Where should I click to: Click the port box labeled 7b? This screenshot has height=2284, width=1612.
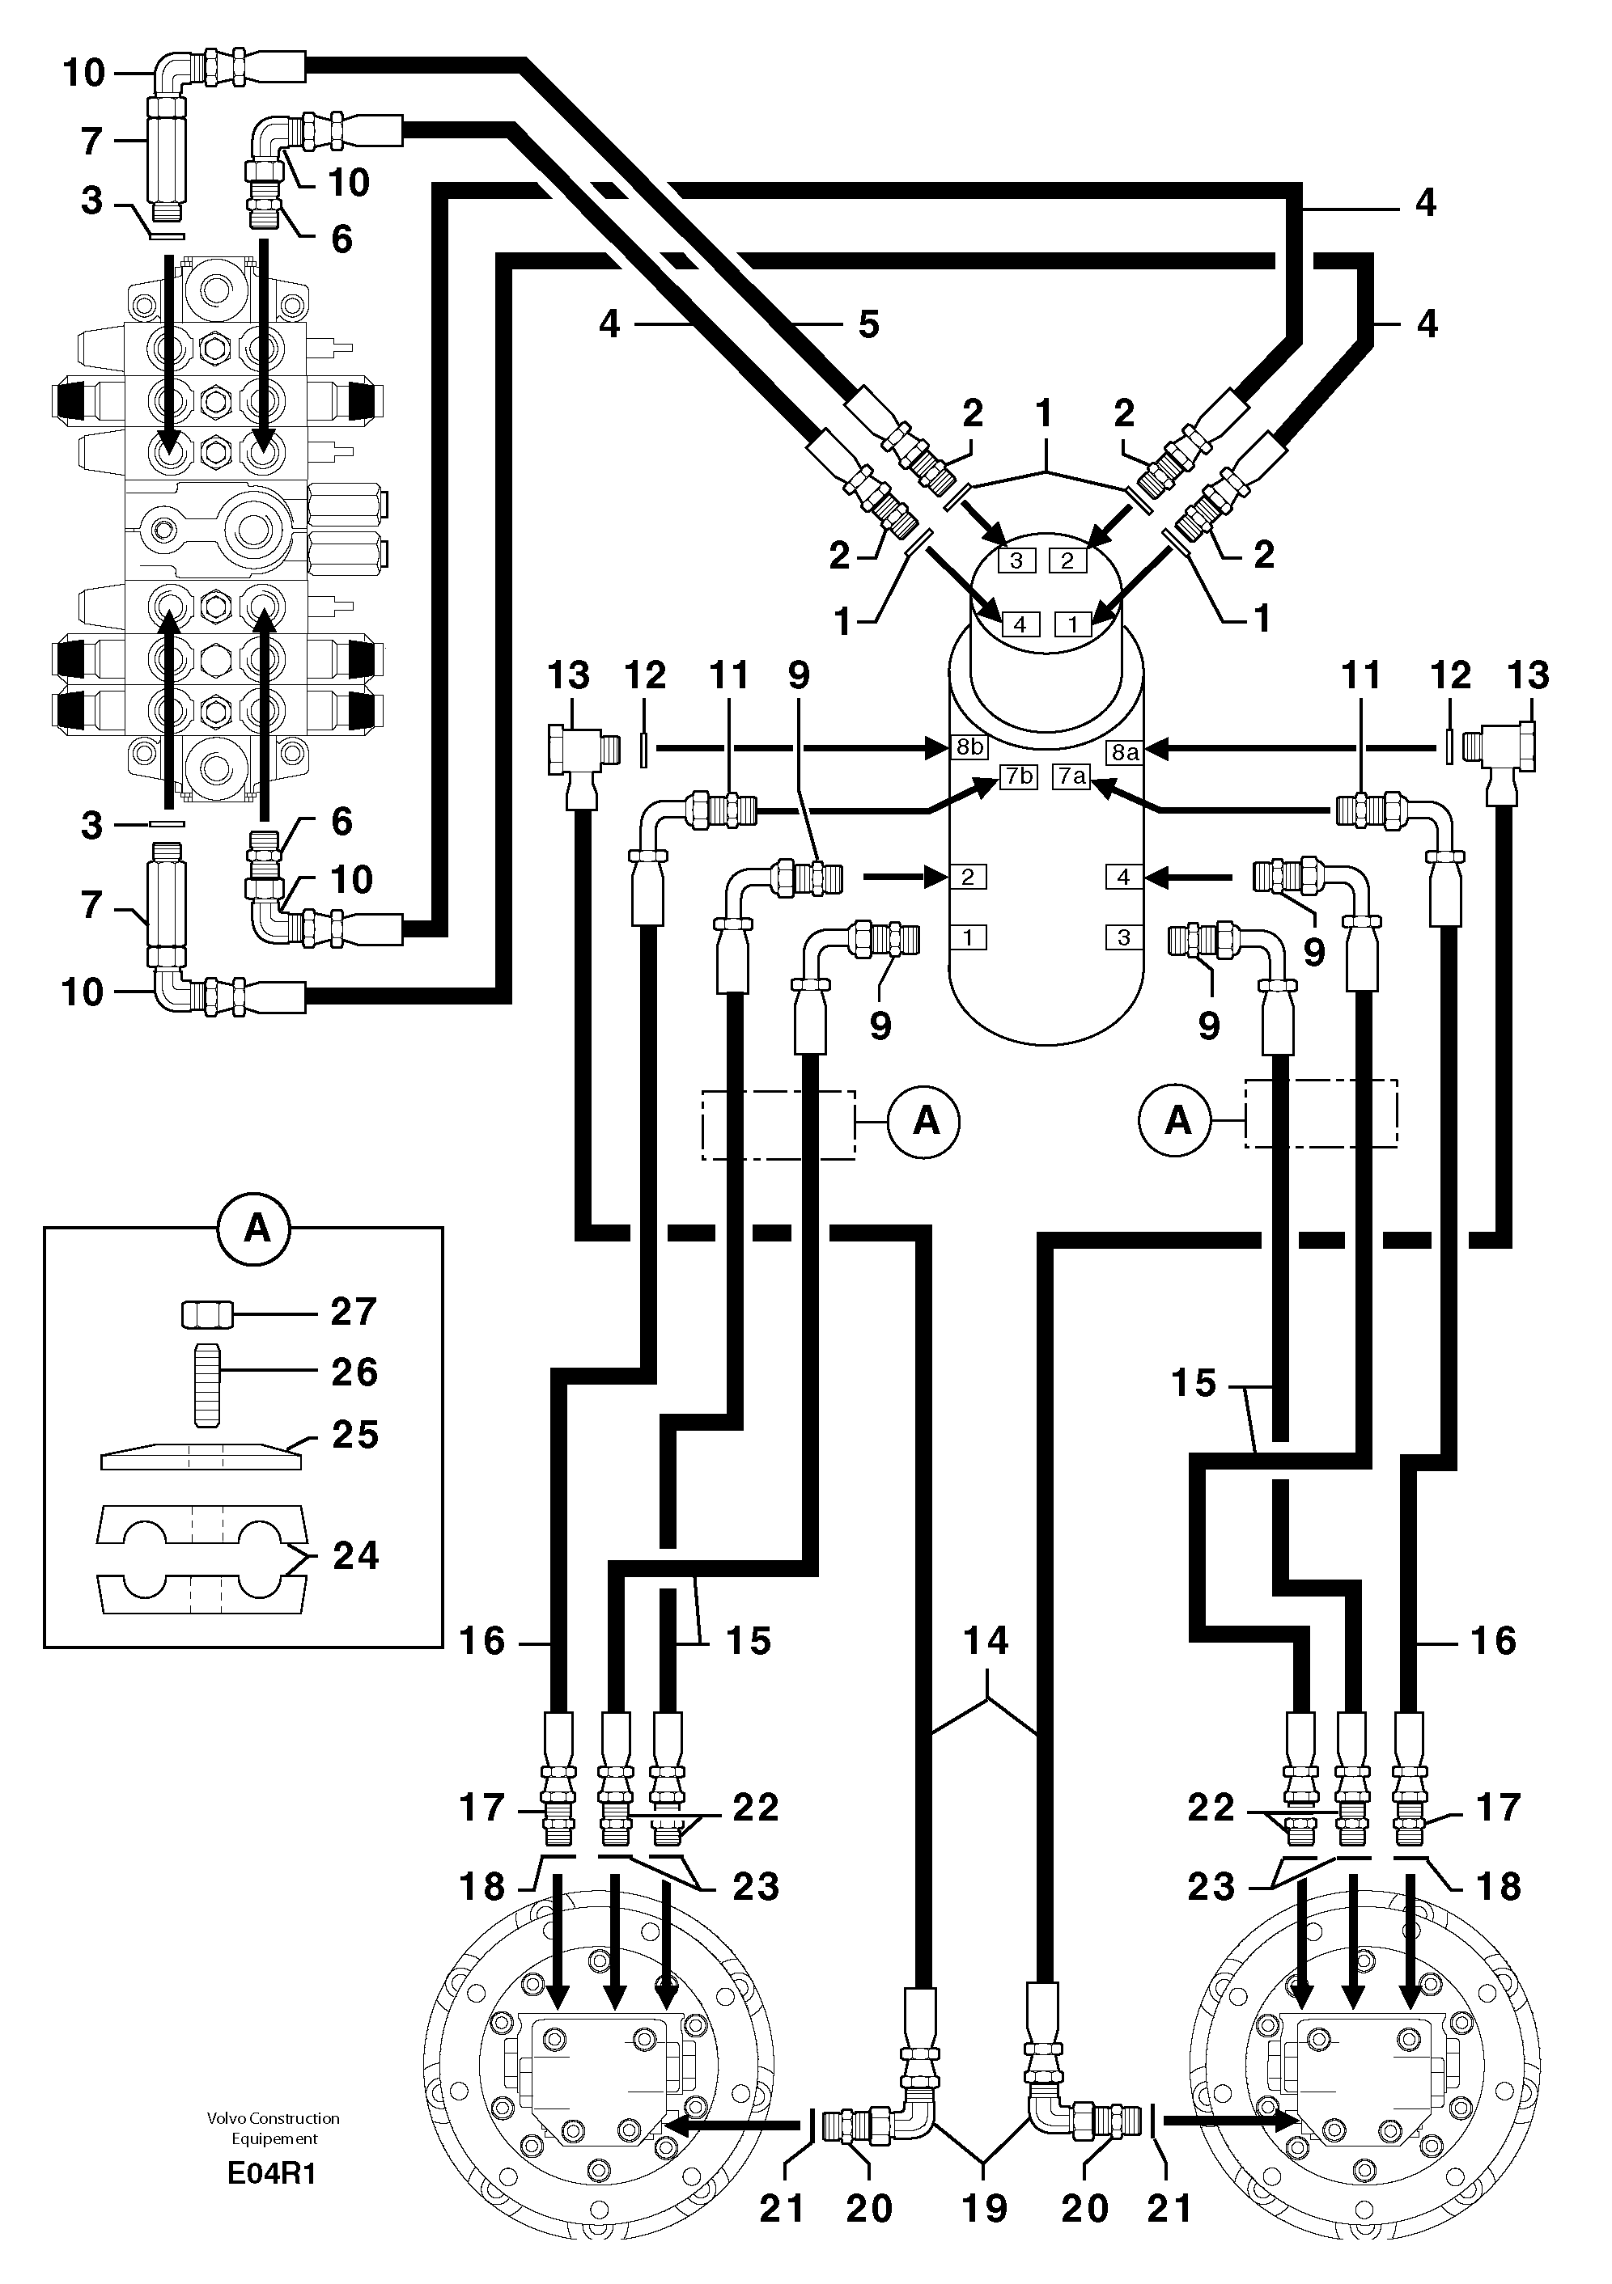(x=1019, y=775)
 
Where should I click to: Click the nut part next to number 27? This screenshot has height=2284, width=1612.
(x=207, y=1314)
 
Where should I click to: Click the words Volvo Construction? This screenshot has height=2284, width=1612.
(x=274, y=2118)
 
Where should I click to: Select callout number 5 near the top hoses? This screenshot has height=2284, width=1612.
(x=868, y=324)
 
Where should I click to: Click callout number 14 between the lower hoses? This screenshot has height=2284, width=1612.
(x=985, y=1639)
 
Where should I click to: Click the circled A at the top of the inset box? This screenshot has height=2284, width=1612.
(x=257, y=1229)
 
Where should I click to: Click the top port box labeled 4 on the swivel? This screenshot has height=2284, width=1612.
(x=1019, y=624)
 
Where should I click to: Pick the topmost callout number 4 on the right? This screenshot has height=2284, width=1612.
(x=1425, y=203)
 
